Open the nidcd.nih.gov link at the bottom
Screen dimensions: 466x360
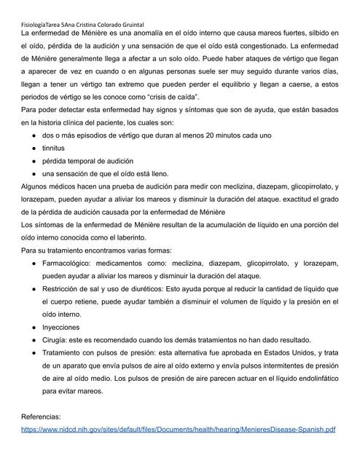point(178,430)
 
